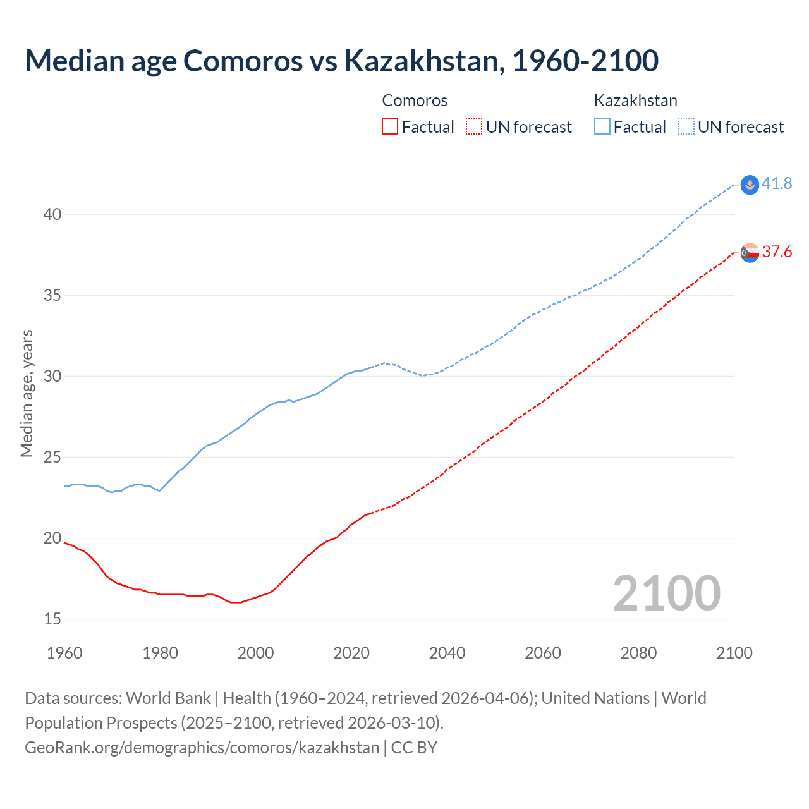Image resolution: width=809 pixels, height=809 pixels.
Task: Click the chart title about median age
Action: point(341,61)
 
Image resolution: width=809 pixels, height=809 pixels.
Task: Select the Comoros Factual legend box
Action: point(390,127)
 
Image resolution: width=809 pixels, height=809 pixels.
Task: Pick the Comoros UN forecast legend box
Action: point(474,127)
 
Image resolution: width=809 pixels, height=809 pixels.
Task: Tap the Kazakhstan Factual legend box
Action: point(602,127)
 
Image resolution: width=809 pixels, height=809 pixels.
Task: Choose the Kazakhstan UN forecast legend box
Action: point(686,127)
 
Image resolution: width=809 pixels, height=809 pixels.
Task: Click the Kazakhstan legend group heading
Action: point(635,100)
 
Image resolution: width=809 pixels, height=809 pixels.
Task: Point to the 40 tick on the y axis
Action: point(52,214)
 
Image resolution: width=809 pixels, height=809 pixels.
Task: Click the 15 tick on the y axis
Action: point(52,619)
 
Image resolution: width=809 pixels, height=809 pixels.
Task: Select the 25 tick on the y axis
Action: point(52,457)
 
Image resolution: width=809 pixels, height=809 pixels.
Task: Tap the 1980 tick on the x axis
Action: point(160,653)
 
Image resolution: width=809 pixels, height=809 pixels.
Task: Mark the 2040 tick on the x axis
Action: point(447,653)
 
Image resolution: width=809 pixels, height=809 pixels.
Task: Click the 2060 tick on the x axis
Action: point(543,653)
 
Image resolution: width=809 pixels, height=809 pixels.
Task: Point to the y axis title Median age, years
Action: point(27,393)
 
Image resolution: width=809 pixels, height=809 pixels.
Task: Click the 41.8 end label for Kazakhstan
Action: point(777,184)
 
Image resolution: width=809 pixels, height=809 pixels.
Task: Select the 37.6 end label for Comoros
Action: point(777,252)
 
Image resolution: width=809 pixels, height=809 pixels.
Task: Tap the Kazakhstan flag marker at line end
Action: point(750,185)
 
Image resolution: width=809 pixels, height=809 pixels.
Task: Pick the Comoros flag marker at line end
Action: point(750,253)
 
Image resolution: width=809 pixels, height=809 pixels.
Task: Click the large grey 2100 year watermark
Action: point(666,593)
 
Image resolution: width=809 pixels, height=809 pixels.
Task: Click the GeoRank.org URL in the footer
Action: point(202,748)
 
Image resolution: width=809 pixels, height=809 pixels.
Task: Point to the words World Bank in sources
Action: point(168,698)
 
